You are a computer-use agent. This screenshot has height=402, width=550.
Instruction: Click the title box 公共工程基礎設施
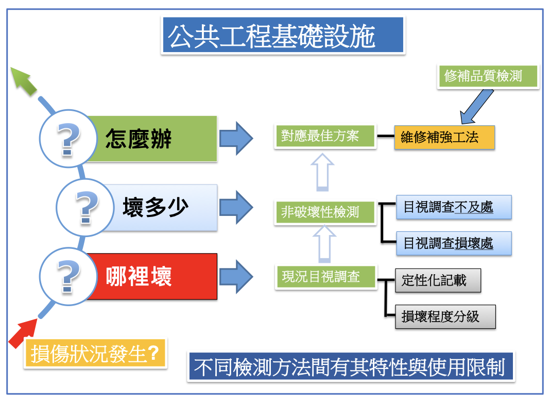pos(283,35)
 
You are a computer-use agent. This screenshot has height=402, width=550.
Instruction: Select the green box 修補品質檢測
pos(488,76)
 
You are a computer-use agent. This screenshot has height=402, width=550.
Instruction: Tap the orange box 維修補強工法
pos(444,137)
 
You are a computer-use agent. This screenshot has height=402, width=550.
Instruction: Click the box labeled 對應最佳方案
pos(325,136)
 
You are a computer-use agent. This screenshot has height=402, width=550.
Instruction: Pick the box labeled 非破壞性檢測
pos(325,212)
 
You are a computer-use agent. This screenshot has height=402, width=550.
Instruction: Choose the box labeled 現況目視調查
pos(325,277)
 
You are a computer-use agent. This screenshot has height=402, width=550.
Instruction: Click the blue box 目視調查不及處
pos(454,207)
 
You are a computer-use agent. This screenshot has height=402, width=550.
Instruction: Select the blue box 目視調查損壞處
pos(454,243)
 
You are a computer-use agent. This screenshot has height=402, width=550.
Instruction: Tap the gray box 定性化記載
pos(438,280)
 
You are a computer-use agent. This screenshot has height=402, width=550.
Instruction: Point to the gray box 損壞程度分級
pos(445,316)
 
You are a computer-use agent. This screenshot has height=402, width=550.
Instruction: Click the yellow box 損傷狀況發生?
pos(95,353)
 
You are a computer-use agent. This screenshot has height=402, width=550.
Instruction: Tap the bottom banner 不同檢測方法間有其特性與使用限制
pos(351,367)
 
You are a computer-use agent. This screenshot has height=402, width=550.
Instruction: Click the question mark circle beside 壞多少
pos(85,208)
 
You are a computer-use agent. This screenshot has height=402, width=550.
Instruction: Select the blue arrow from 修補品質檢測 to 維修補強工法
pos(477,107)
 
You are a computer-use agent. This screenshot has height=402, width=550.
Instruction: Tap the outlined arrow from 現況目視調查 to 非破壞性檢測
pos(324,244)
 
